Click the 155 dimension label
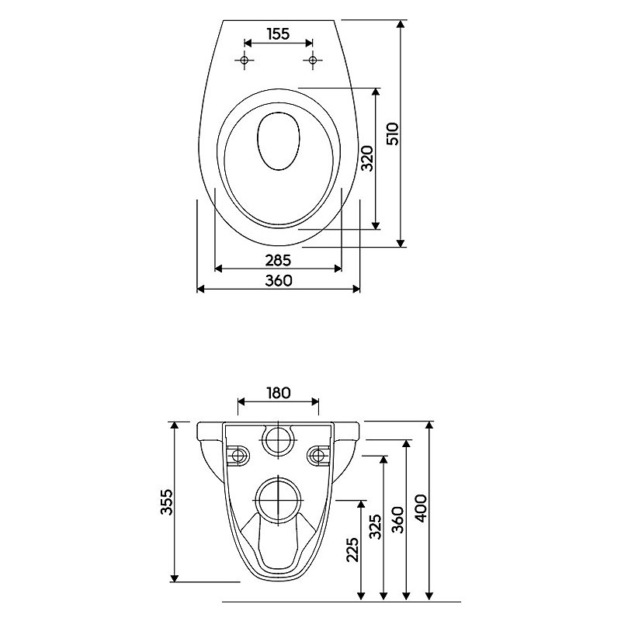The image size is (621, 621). point(278,34)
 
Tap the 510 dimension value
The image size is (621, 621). point(394,134)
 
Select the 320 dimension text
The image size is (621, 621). point(367,158)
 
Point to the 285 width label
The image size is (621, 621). point(278,260)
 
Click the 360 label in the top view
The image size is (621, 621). point(279,280)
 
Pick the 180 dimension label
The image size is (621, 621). point(278,393)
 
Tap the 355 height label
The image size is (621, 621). point(167,501)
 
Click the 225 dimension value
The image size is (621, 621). point(352,550)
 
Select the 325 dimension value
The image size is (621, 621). point(375,526)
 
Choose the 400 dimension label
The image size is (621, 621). point(420,508)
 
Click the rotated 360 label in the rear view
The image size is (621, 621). point(397,519)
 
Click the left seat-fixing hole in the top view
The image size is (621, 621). point(244,61)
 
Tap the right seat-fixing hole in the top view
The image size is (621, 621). point(313,61)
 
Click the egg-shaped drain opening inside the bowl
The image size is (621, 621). point(279,141)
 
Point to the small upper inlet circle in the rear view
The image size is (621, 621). point(279,440)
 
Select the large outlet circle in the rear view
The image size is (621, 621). point(279,500)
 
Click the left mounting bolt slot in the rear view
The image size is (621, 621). point(238,455)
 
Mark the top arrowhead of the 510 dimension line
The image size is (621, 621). point(401,24)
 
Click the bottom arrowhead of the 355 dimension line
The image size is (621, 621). point(174,578)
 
